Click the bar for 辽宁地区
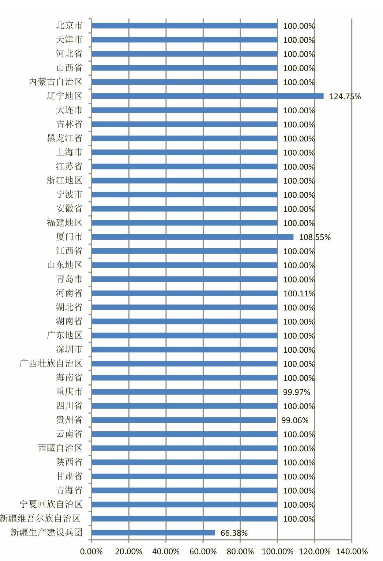(x=207, y=96)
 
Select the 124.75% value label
(x=345, y=96)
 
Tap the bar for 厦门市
(x=192, y=237)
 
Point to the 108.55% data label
(x=315, y=237)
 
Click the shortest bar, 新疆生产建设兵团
(x=153, y=533)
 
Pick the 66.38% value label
(x=234, y=533)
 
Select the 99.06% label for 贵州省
(x=295, y=420)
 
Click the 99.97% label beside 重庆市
(x=297, y=392)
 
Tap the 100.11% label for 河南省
(x=299, y=293)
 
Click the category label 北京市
(x=69, y=26)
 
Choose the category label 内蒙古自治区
(x=56, y=82)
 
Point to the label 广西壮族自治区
(x=51, y=363)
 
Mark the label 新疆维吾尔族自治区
(x=40, y=519)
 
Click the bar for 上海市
(x=185, y=152)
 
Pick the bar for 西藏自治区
(x=185, y=448)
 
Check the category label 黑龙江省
(x=65, y=138)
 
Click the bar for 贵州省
(x=184, y=420)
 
